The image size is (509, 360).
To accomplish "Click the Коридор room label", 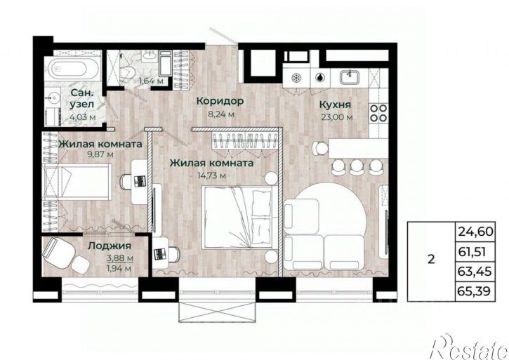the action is tap(220, 101).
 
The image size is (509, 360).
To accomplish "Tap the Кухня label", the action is tap(336, 105).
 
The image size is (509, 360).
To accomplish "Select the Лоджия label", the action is tap(110, 246).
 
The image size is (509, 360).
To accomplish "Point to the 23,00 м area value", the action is tap(337, 117).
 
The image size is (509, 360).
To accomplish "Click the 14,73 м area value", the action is tap(211, 175).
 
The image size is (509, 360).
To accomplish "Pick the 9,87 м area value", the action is tap(100, 154).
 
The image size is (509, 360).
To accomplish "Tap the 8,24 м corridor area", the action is tap(221, 114).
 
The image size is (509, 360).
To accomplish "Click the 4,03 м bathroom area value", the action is tap(83, 117).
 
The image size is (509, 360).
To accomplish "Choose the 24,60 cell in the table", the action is tap(475, 232).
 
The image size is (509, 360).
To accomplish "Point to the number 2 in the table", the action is tap(431, 260).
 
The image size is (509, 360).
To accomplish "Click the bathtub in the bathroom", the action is tap(72, 68).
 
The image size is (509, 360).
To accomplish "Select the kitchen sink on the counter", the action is tap(350, 78).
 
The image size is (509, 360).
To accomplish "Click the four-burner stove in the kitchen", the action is tap(379, 112).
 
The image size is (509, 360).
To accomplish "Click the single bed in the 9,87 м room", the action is tap(77, 182).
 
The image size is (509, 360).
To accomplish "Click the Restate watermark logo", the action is tap(468, 347).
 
